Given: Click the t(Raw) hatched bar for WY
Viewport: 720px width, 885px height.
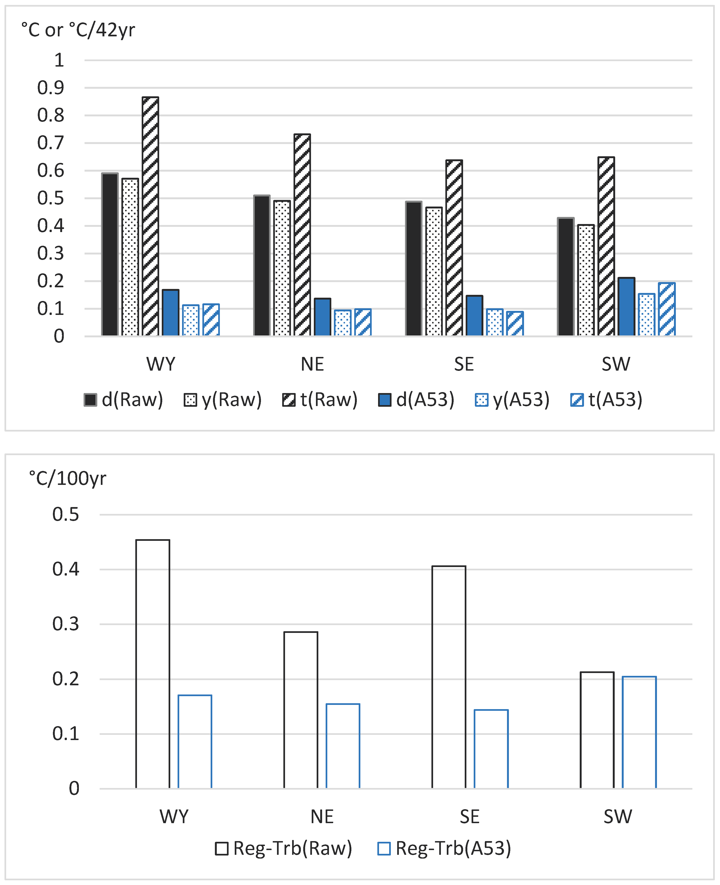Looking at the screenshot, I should [150, 216].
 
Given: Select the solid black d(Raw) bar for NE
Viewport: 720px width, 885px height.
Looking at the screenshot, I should [262, 265].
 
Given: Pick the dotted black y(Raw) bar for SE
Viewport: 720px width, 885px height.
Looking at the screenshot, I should [434, 271].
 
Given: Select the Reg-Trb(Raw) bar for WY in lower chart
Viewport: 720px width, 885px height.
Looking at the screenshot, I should [153, 664].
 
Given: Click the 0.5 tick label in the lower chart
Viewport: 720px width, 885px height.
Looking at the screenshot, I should [66, 514].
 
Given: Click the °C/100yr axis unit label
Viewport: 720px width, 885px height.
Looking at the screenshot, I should [68, 478].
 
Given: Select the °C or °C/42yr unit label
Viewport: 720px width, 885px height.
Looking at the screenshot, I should [78, 30].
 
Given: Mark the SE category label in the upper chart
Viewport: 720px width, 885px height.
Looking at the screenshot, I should [464, 364].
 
